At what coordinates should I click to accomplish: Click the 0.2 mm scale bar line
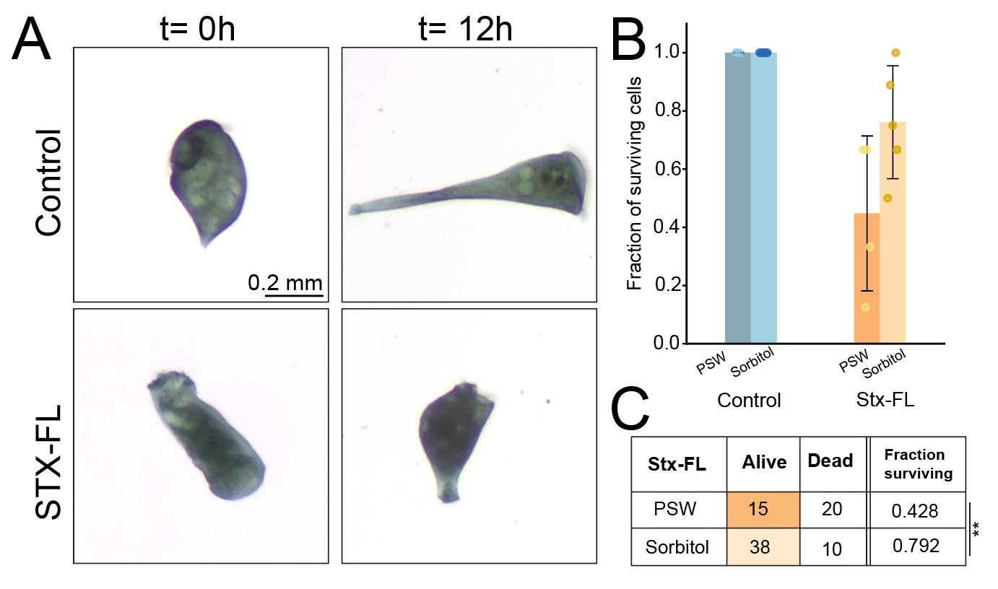[293, 294]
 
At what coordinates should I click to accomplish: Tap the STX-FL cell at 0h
[207, 437]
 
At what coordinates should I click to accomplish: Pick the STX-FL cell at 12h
[455, 437]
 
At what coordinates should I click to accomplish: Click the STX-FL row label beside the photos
[48, 463]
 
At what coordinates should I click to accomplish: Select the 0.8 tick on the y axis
[669, 111]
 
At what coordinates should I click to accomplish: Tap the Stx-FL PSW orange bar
[867, 282]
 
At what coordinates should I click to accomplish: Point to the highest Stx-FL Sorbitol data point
[896, 53]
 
